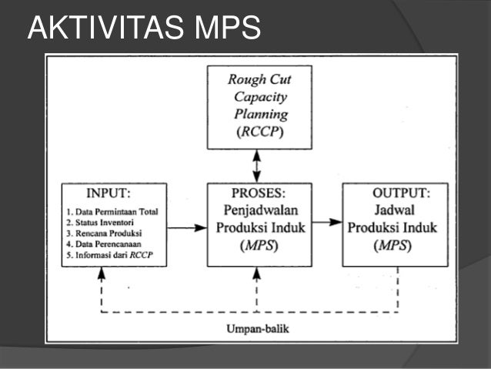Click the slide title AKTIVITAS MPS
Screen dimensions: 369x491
[x=144, y=29]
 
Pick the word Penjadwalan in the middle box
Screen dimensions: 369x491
[x=258, y=210]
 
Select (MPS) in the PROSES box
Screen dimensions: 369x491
[x=258, y=246]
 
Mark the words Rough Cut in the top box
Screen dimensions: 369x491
[x=258, y=79]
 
